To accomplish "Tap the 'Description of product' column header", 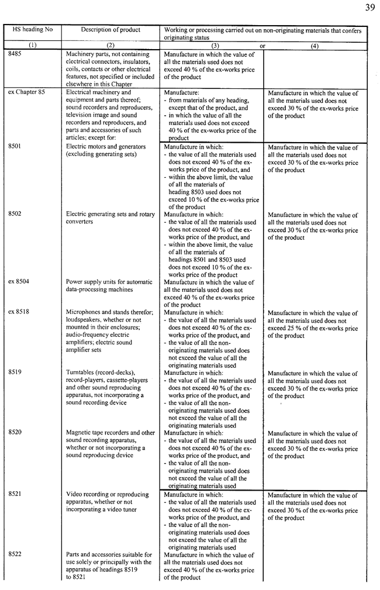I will [110, 30].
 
